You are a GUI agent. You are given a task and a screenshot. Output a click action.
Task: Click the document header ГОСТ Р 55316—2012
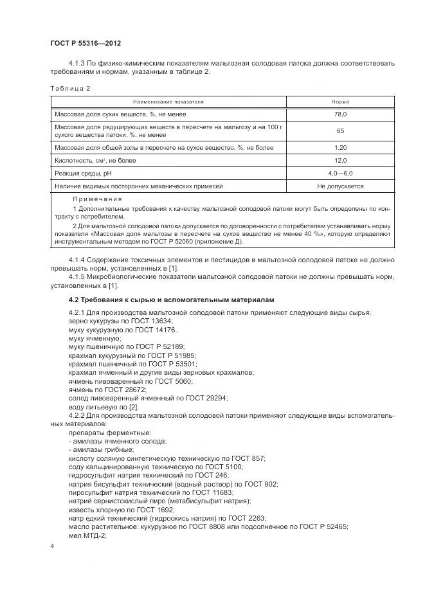(x=86, y=43)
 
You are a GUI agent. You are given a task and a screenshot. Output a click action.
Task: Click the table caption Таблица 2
(x=70, y=88)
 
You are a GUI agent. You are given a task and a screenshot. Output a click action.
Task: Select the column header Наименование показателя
(x=168, y=102)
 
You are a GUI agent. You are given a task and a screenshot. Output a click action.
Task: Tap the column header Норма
(x=340, y=102)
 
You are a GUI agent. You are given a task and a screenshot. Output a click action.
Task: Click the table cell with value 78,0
(x=340, y=114)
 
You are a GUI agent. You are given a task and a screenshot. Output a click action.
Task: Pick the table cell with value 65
(x=340, y=131)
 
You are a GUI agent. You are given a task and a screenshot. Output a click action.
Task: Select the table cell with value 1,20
(x=340, y=148)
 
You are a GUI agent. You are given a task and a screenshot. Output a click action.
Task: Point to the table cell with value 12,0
(x=340, y=161)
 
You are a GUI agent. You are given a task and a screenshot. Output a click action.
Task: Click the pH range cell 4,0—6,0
(x=340, y=174)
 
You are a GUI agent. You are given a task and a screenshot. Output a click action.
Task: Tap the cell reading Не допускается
(x=340, y=186)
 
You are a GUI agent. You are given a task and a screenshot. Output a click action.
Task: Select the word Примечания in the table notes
(x=97, y=199)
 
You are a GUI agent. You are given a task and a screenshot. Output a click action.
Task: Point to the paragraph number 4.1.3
(x=77, y=63)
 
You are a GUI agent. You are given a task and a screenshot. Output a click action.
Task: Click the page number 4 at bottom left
(x=52, y=545)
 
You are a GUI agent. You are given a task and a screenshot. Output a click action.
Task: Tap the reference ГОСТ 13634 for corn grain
(x=153, y=320)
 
